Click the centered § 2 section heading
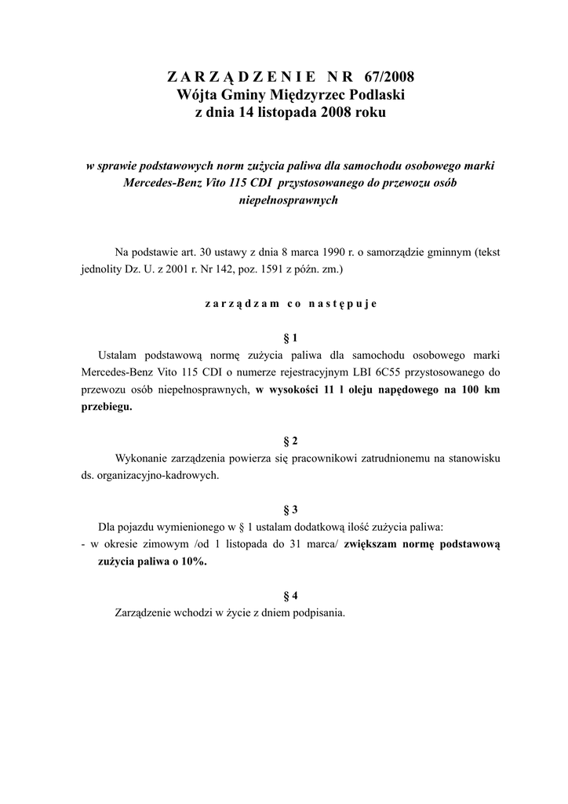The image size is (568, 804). point(290,440)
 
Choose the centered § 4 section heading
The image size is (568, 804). point(290,595)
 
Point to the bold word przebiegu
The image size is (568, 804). point(107,407)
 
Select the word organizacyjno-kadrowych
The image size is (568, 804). point(160,475)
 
